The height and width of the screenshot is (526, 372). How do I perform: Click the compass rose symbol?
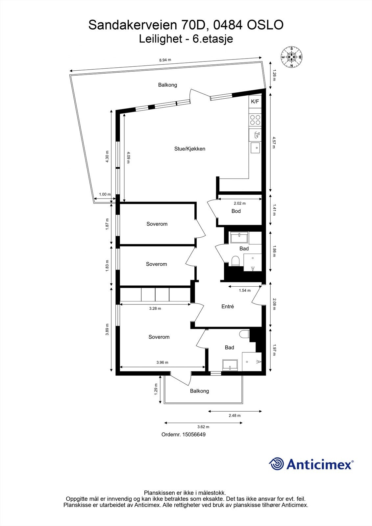coord(291,57)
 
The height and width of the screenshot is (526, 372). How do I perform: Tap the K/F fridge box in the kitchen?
coord(255,102)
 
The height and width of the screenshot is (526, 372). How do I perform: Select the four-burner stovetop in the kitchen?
coord(255,120)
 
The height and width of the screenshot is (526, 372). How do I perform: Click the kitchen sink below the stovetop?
coord(255,148)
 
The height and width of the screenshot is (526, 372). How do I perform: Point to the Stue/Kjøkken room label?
coord(189,149)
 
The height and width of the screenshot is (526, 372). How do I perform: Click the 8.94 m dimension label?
coord(165,60)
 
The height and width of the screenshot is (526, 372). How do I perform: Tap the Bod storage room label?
coord(236,211)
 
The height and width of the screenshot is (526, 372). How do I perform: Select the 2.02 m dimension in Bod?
coord(239,203)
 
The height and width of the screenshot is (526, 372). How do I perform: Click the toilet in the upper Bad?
coord(235,261)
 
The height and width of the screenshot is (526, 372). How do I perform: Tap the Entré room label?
coord(227,306)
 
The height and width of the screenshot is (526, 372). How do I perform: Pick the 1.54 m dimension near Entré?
coord(244,291)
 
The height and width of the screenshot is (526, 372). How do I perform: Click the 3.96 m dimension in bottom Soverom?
coord(162,363)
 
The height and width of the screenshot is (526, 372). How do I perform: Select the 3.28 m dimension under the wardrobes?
coord(155,309)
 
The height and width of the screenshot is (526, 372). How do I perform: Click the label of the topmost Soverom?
coord(157,224)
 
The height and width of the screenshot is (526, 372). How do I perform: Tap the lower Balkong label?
coord(199,391)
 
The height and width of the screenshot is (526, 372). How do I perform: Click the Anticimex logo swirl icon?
coord(277,464)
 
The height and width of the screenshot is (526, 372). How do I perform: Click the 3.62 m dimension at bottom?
coord(203,427)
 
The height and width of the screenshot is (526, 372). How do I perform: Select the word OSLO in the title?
coord(265,25)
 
